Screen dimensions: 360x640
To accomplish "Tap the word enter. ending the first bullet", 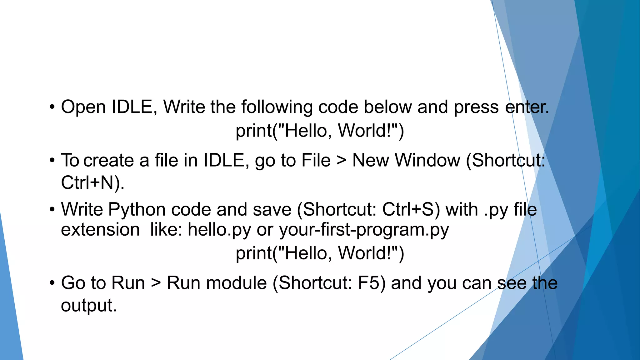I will pyautogui.click(x=527, y=107).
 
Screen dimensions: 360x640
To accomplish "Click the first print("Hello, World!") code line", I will pyautogui.click(x=320, y=131).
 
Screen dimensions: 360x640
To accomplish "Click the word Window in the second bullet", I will pyautogui.click(x=427, y=161).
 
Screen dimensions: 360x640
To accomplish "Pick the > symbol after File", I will pyautogui.click(x=341, y=161).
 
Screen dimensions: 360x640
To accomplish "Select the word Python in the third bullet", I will pyautogui.click(x=137, y=210).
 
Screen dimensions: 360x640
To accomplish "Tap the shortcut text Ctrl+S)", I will pyautogui.click(x=411, y=209).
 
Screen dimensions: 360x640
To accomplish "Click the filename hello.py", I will pyautogui.click(x=219, y=230).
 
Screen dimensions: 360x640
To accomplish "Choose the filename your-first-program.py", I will pyautogui.click(x=364, y=230).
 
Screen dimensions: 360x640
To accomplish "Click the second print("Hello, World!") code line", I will pyautogui.click(x=320, y=253).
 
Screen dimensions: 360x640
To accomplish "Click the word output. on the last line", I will pyautogui.click(x=89, y=305).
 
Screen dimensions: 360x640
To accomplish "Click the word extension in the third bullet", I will pyautogui.click(x=100, y=230).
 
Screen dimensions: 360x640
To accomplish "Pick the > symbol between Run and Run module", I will pyautogui.click(x=156, y=283).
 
